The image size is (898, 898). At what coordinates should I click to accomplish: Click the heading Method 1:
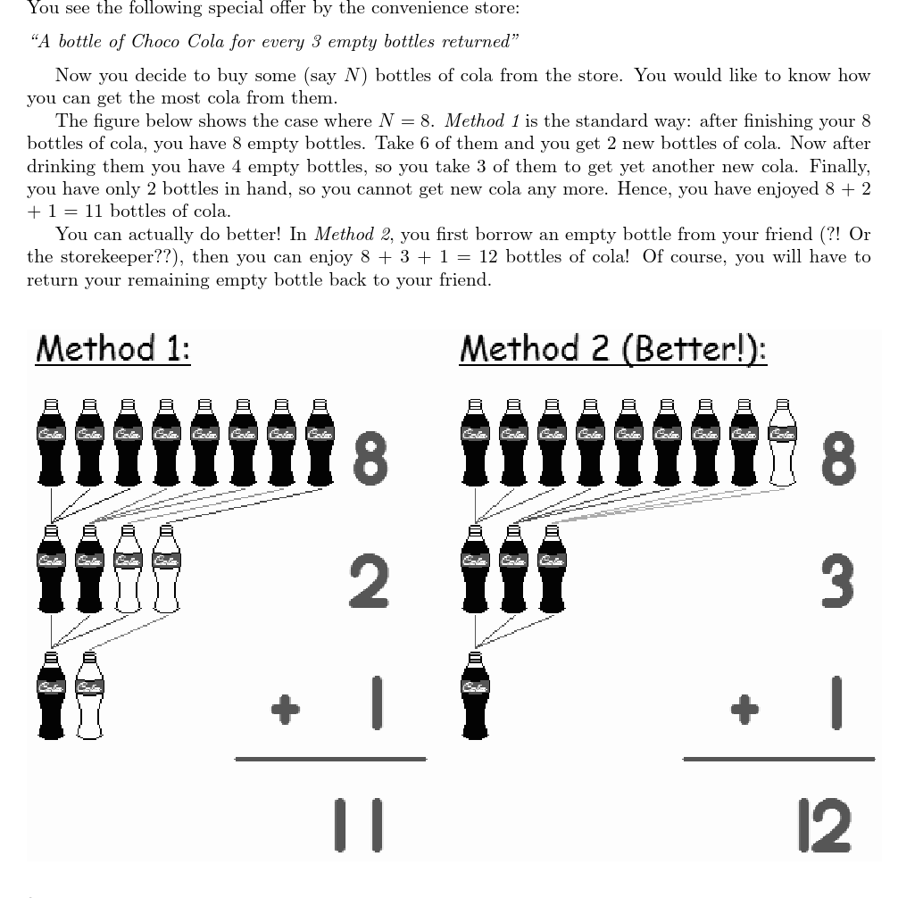tap(112, 348)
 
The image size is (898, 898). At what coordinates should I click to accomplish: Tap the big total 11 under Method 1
tap(358, 824)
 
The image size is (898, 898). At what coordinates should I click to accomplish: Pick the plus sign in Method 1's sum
tap(286, 709)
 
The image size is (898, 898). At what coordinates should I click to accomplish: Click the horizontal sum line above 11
tap(330, 760)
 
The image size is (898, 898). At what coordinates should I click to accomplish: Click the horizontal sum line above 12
tap(778, 760)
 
